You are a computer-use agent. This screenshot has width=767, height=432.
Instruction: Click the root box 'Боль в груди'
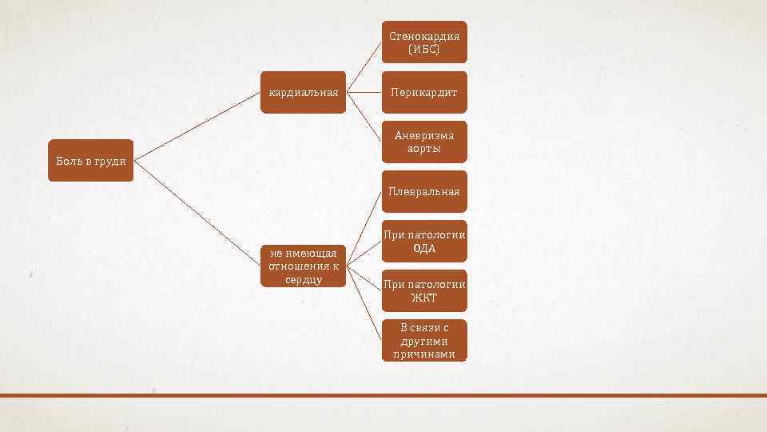click(x=90, y=161)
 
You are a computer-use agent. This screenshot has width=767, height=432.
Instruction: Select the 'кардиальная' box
click(x=304, y=92)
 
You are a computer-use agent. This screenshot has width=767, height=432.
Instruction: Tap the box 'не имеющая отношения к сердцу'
click(x=304, y=266)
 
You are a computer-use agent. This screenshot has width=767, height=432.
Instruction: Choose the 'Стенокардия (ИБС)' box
click(x=424, y=42)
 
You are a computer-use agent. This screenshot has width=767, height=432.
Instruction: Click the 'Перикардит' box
click(x=424, y=92)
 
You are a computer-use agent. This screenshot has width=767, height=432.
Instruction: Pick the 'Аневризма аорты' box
click(x=424, y=142)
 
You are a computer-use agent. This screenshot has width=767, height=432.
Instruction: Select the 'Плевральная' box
click(x=424, y=191)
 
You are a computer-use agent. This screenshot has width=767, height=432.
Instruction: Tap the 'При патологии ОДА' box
click(x=424, y=241)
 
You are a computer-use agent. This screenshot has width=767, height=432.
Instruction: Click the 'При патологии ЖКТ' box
click(x=424, y=291)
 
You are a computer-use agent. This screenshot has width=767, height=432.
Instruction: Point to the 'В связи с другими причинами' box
click(x=424, y=341)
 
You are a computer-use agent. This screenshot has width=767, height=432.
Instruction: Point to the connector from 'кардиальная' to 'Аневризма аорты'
click(x=364, y=117)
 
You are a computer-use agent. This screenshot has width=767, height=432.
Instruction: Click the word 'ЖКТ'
click(x=424, y=298)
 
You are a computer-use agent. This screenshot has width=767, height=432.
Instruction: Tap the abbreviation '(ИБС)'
click(x=424, y=50)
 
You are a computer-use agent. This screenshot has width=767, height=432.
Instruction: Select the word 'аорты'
click(x=424, y=149)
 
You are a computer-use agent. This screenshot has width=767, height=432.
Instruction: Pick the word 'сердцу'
click(x=304, y=279)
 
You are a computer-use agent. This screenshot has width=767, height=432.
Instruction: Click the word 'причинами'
click(x=424, y=354)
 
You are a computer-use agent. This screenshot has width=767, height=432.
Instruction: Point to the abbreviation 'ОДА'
click(x=424, y=248)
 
